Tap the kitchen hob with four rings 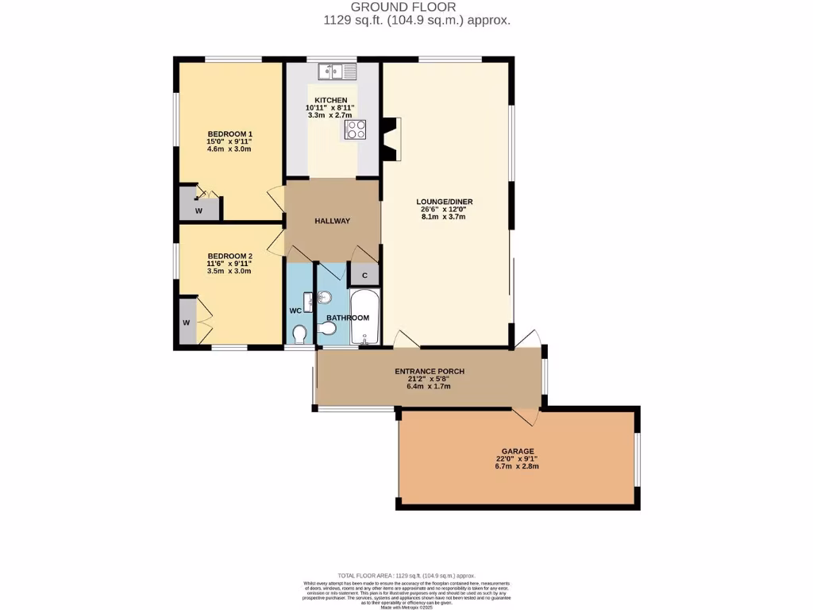pyautogui.click(x=355, y=129)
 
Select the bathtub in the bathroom pyautogui.click(x=365, y=317)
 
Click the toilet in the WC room pyautogui.click(x=299, y=335)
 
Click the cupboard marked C pyautogui.click(x=364, y=275)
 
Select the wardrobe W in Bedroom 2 pyautogui.click(x=187, y=322)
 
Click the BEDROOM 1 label pyautogui.click(x=229, y=133)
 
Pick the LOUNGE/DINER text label pyautogui.click(x=445, y=201)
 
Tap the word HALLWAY pyautogui.click(x=332, y=221)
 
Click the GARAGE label pyautogui.click(x=517, y=451)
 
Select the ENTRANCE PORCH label pyautogui.click(x=430, y=371)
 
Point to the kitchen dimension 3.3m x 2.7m pyautogui.click(x=329, y=115)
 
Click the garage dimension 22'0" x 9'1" pyautogui.click(x=517, y=458)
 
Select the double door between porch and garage pyautogui.click(x=524, y=415)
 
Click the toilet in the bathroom pyautogui.click(x=326, y=329)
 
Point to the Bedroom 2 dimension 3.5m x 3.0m pyautogui.click(x=229, y=271)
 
